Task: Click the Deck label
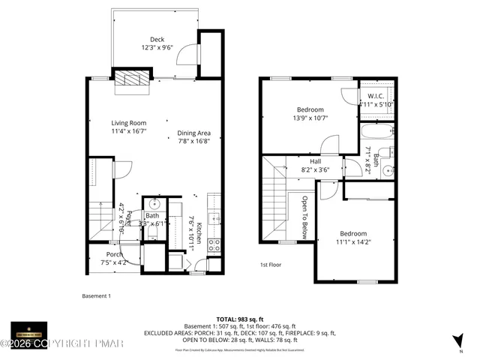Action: [157, 40]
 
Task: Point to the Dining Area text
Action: [193, 133]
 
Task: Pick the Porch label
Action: [114, 254]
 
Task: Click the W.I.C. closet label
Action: [376, 96]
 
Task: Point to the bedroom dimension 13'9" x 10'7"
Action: [309, 118]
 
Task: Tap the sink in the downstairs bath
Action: [155, 203]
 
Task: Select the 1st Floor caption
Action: [271, 265]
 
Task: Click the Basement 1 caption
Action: [96, 295]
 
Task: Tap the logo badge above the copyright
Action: [28, 331]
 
